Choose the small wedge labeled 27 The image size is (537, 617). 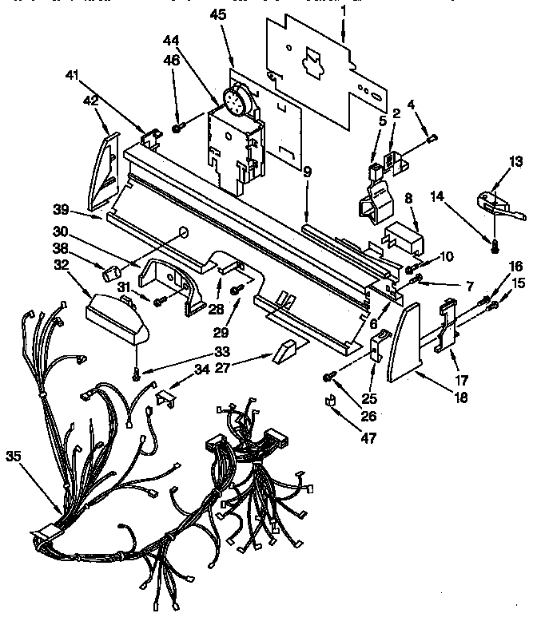pyautogui.click(x=284, y=349)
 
